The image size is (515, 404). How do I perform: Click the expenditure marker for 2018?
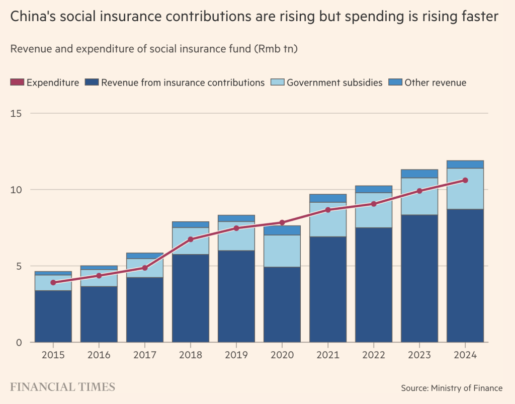point(191,239)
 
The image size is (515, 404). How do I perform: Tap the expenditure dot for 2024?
point(465,180)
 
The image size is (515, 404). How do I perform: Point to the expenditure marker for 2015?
point(53,283)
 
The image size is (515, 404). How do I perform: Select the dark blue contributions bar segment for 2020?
point(282,304)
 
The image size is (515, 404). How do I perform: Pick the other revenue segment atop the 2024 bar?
point(465,165)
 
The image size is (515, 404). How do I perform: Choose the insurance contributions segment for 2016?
point(99,314)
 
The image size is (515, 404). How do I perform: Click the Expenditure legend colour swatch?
point(17,83)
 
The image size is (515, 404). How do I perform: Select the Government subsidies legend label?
point(334,83)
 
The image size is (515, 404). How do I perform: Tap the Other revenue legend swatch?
point(396,83)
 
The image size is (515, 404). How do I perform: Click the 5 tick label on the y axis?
point(18,266)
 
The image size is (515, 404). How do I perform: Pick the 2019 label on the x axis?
point(236,355)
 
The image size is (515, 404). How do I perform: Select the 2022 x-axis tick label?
point(374,355)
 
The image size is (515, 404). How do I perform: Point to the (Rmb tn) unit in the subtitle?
point(277,49)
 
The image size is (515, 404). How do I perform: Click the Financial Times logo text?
point(63,387)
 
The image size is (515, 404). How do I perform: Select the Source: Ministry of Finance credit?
point(452,388)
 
